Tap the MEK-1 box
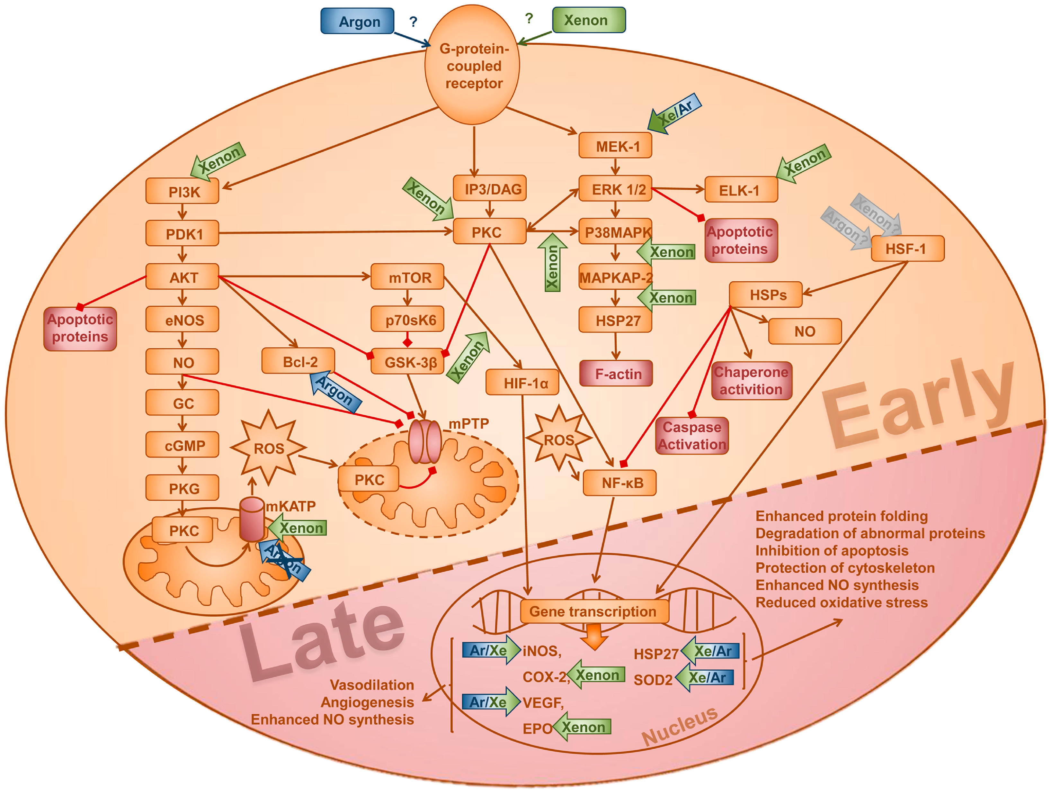(x=615, y=146)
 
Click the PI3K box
(x=182, y=191)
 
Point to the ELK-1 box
(x=741, y=190)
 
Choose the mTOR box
(x=407, y=277)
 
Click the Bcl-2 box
(x=298, y=362)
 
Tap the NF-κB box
(x=620, y=483)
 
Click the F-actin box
(x=616, y=374)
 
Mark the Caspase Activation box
(x=692, y=435)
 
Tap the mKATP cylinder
(x=252, y=520)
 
